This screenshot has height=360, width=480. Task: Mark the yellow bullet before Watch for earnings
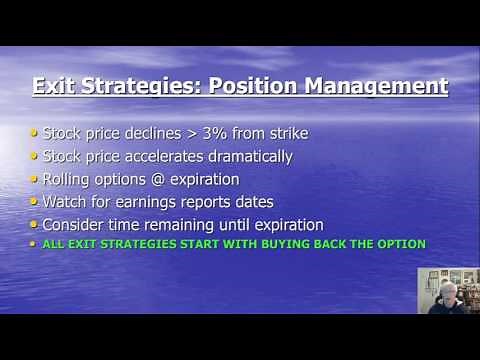pyautogui.click(x=36, y=201)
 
